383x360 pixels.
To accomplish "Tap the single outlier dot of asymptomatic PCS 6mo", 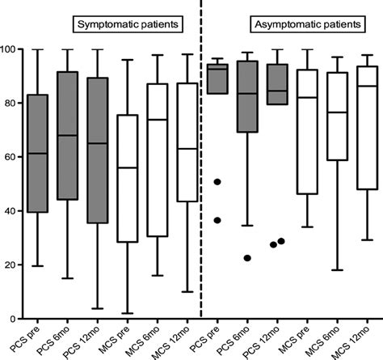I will [x=248, y=258].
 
